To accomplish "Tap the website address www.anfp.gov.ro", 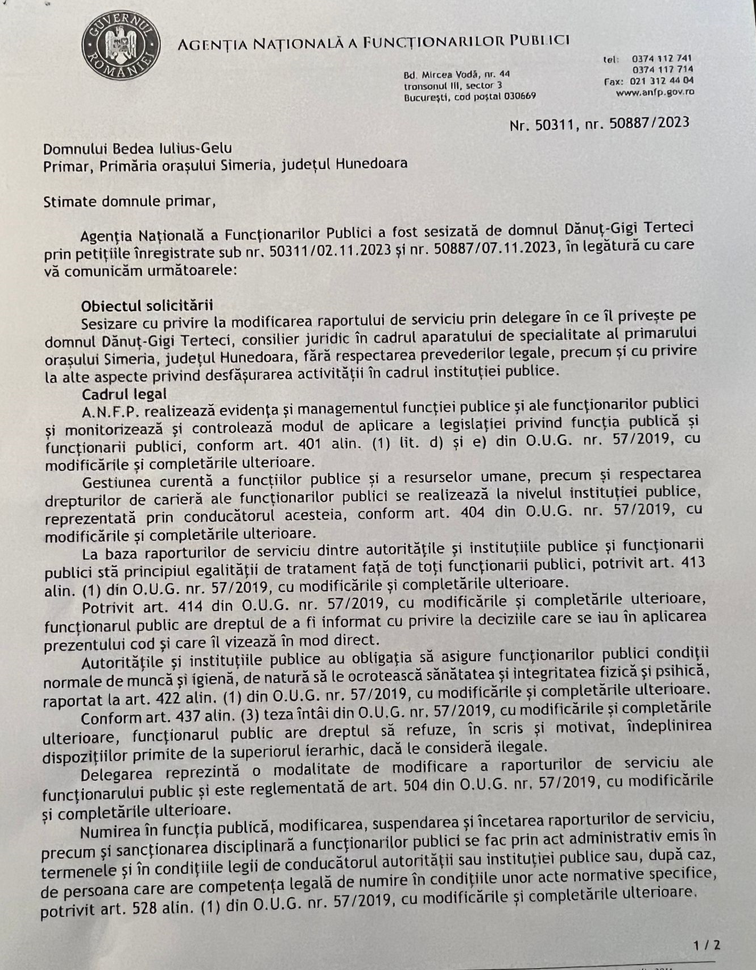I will (x=655, y=92).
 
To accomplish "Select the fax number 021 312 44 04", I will (x=662, y=81).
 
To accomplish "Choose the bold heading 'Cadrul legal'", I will (x=124, y=394).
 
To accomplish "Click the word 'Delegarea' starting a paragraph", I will (x=116, y=775).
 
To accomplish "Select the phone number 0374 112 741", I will (x=661, y=59).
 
